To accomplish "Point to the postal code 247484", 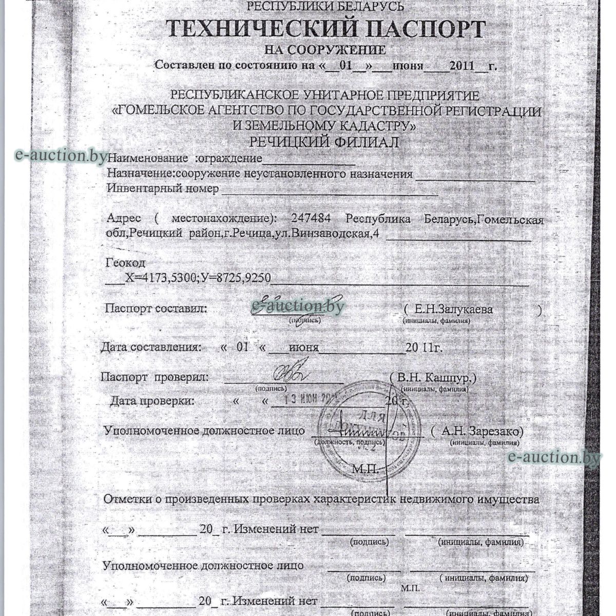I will click(310, 219).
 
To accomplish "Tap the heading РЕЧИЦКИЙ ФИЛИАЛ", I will click(324, 142).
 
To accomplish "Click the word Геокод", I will click(125, 263).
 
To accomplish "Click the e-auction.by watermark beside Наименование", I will click(61, 155).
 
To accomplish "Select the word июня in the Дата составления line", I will click(303, 348).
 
